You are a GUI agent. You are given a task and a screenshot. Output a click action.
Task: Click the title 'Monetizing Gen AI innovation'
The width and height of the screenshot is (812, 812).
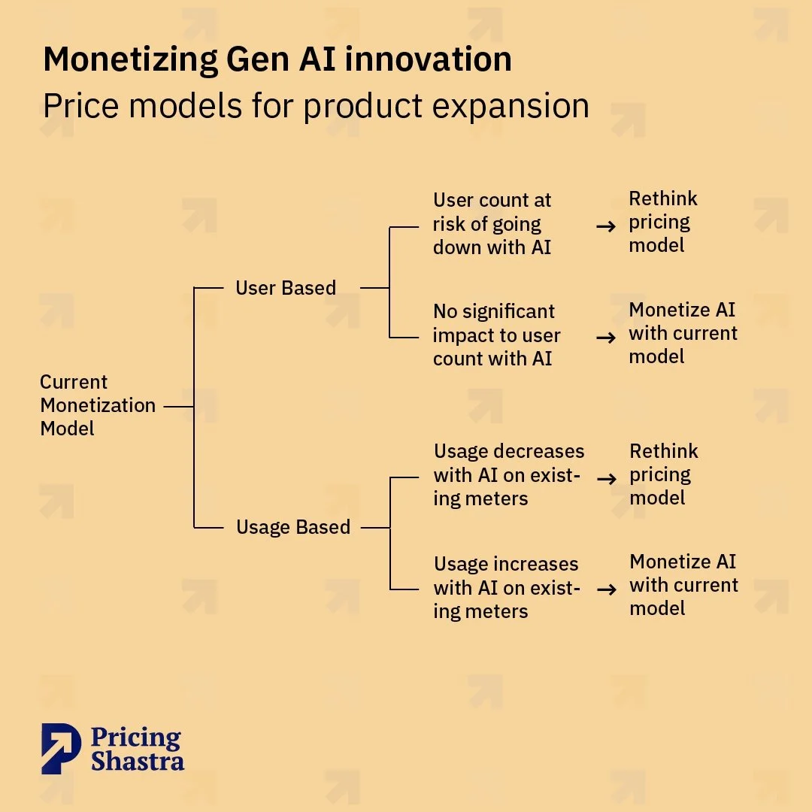tap(277, 59)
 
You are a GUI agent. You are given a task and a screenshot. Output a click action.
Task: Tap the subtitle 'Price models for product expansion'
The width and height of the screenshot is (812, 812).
tap(316, 105)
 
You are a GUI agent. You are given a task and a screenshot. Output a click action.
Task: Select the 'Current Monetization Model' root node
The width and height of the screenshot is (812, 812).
tap(98, 405)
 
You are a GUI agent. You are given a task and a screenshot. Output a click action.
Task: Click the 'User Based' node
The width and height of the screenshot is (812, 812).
tap(286, 288)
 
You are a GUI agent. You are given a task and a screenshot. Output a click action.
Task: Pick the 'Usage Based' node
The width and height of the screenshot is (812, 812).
tap(293, 527)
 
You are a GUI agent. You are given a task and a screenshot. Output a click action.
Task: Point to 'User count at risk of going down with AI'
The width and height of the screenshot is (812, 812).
tap(492, 224)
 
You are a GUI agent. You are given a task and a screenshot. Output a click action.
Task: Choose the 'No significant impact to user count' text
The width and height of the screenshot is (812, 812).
tap(497, 335)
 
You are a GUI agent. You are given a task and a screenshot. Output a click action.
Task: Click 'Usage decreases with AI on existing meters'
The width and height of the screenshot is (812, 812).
tap(508, 474)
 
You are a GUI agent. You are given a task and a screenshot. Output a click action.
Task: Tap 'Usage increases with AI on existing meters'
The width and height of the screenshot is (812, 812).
tap(507, 587)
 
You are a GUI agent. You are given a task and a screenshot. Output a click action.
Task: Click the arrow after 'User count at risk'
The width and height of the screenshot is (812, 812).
tap(606, 226)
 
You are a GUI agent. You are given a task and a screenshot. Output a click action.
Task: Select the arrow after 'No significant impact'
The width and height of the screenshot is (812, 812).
tap(606, 338)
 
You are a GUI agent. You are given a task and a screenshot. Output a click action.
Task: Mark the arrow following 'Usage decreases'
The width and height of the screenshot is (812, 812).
tap(607, 477)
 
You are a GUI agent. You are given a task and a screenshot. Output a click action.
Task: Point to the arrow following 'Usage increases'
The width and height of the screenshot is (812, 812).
tap(607, 589)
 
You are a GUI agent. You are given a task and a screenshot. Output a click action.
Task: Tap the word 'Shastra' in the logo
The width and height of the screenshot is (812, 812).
tap(138, 760)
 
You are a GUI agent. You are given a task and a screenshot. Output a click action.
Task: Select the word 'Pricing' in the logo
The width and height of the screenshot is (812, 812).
tap(136, 738)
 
